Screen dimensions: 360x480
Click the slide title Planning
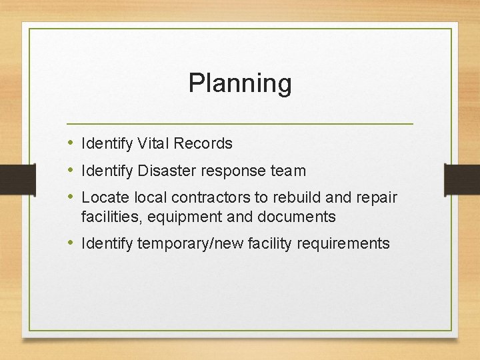tap(240, 83)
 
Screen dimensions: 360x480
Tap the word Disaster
tap(163, 171)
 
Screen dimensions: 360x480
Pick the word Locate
tap(105, 198)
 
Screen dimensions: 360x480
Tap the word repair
tap(375, 198)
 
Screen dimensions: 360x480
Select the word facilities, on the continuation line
tap(109, 217)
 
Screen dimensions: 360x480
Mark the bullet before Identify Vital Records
tap(71, 143)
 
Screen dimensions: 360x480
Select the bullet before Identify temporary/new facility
tap(71, 243)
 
